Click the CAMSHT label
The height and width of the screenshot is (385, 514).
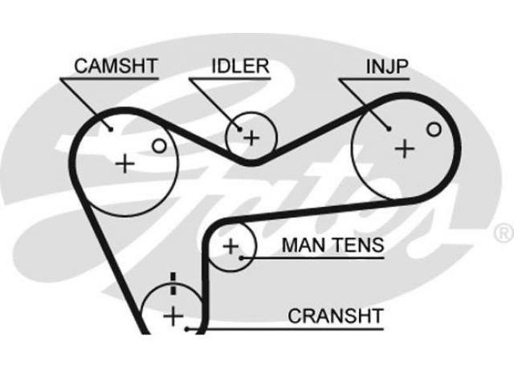tap(116, 66)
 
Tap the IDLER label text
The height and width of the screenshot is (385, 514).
tap(240, 66)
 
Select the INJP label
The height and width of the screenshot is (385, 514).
tap(387, 67)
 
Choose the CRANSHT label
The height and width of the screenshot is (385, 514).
tap(336, 316)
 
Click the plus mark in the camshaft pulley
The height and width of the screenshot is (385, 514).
tap(125, 164)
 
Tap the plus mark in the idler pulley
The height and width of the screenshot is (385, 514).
tap(251, 138)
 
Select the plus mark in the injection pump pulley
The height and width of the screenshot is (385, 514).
tap(405, 149)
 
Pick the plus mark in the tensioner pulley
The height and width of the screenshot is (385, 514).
tap(231, 246)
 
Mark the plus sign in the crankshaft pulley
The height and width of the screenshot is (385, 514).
tap(173, 316)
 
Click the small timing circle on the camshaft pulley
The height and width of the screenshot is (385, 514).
tap(159, 146)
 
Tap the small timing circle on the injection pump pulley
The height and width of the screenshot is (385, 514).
tap(434, 129)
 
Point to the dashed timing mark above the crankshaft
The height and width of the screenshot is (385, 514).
tap(173, 283)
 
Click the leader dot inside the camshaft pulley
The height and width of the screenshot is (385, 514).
tap(111, 130)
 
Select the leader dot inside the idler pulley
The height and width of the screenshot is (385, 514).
tap(240, 130)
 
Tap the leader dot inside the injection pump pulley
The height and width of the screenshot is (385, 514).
tap(389, 129)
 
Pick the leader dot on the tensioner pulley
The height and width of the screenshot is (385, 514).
tap(241, 258)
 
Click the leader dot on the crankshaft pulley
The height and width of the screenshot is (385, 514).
tap(187, 330)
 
